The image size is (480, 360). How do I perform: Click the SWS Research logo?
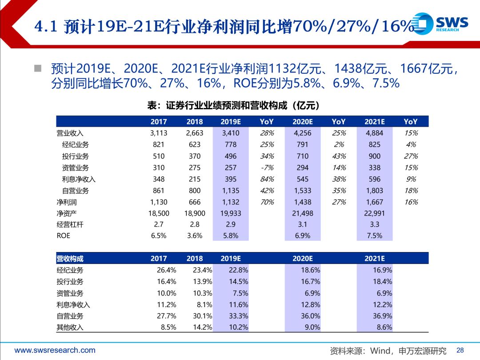point(440,23)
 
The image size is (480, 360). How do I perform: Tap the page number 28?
point(460,350)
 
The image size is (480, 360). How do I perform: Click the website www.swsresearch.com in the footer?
point(55,350)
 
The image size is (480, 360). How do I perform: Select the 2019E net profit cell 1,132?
point(231,202)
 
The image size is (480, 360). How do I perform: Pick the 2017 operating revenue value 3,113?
point(159,133)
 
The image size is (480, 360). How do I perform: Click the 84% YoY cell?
point(267,179)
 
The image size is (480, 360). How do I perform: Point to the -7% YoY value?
point(267,168)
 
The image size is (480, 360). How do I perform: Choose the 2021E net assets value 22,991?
point(374,213)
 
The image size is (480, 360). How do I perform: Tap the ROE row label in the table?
point(64,236)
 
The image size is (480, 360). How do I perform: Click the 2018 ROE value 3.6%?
point(195,236)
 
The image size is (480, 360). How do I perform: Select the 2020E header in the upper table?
point(303,121)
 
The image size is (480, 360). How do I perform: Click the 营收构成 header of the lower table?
point(70,259)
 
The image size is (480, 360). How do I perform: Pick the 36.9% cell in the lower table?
point(382,316)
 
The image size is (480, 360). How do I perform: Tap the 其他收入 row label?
point(70,327)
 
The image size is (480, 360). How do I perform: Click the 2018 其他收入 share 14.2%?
point(202,327)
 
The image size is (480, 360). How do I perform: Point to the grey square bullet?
point(38,68)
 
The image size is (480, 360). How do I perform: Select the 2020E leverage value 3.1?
point(303,224)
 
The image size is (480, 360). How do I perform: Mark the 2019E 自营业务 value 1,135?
point(231,191)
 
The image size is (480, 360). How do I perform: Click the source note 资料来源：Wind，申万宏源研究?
point(388,351)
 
